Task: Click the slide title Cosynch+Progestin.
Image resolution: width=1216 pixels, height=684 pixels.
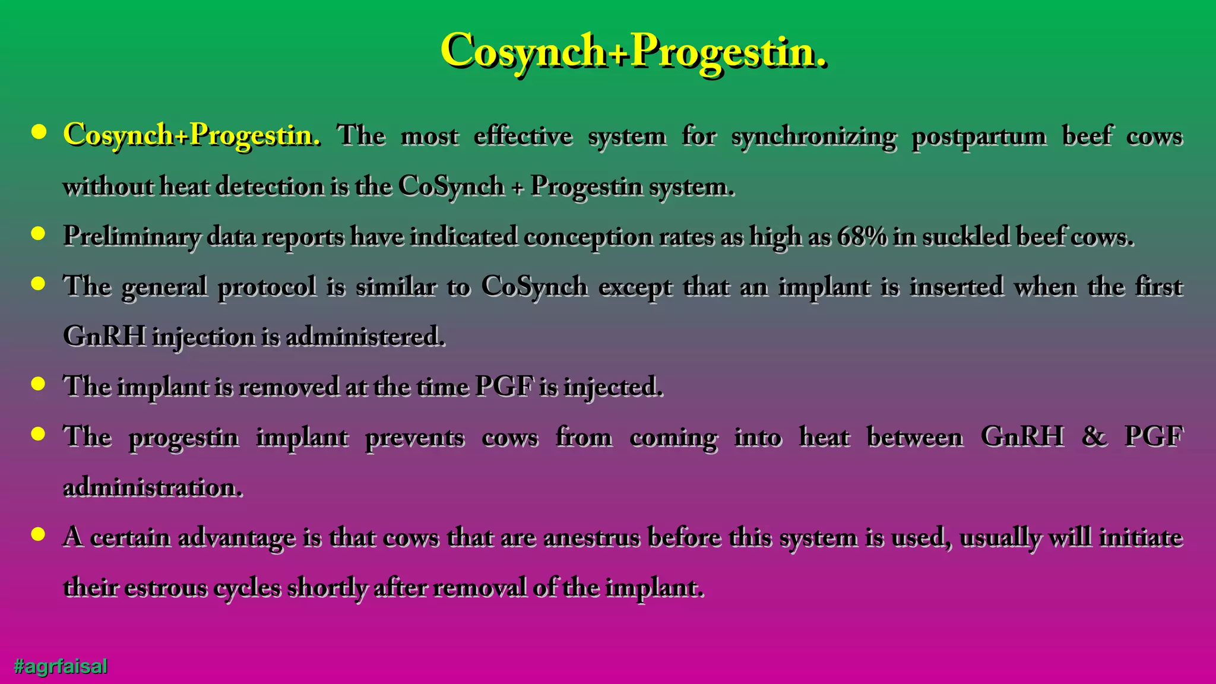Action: pos(633,52)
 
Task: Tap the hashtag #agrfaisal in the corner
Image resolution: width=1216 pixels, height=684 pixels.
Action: pos(61,666)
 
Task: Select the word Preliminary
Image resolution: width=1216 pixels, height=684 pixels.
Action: pos(131,236)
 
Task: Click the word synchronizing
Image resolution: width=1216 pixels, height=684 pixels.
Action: pos(813,137)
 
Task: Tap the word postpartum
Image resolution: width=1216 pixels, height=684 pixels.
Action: pos(979,137)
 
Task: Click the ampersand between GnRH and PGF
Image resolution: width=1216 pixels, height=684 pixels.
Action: pos(1094,437)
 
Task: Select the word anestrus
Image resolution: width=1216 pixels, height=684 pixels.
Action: pos(591,537)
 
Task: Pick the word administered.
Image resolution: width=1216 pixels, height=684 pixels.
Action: pos(365,337)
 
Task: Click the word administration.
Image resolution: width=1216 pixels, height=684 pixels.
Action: pos(153,487)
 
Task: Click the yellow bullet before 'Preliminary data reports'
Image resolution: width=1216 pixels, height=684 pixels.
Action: pos(39,234)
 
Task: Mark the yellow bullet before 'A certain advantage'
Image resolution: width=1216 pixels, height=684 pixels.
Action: pos(39,535)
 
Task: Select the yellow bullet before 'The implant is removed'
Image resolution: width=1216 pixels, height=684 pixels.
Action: pos(39,384)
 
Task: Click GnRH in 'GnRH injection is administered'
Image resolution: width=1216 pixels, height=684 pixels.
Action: pos(104,337)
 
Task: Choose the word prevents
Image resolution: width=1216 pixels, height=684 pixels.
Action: pos(414,438)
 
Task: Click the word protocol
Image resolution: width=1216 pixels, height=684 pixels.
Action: pos(267,287)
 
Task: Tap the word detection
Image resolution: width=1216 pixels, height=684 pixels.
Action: pos(270,186)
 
